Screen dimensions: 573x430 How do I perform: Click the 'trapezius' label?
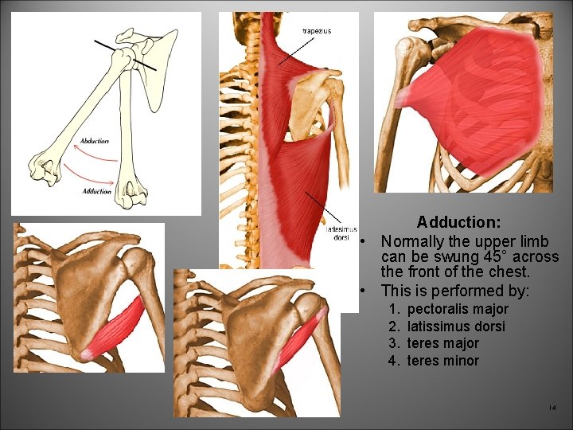tap(316, 31)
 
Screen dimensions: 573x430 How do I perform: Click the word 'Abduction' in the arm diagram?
tap(95, 142)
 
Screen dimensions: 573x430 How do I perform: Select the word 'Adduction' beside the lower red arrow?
tap(96, 191)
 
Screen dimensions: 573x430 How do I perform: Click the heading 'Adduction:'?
tap(458, 222)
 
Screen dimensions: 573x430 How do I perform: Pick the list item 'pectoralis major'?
tap(458, 309)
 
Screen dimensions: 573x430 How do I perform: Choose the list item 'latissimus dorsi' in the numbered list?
tap(456, 326)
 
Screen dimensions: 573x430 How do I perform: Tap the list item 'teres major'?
tap(442, 343)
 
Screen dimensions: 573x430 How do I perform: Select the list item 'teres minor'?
tap(442, 361)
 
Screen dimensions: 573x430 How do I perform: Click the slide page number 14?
tap(552, 408)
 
